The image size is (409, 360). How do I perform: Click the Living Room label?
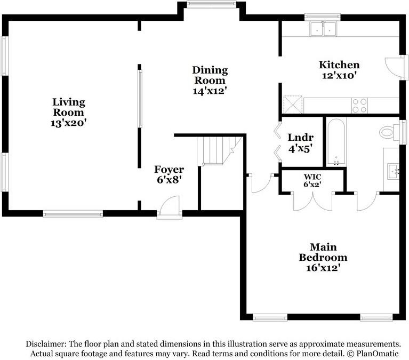[x=69, y=107]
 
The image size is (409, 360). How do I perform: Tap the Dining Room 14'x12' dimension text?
[x=210, y=91]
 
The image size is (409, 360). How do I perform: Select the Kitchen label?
[x=339, y=65]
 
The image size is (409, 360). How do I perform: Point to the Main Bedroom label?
[x=323, y=252]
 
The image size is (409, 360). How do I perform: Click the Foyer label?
[x=169, y=170]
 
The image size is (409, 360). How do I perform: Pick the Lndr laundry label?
[x=301, y=137]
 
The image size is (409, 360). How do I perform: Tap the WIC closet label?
[x=312, y=177]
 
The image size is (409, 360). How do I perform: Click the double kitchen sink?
[x=323, y=29]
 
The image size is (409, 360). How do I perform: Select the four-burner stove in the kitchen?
[x=359, y=106]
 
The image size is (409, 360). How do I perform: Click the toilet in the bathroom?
[x=389, y=132]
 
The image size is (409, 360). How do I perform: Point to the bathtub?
[x=336, y=142]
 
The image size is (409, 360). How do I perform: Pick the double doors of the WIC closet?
[x=312, y=201]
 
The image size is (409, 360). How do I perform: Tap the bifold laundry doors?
[x=277, y=141]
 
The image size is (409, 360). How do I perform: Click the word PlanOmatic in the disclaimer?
[x=378, y=354]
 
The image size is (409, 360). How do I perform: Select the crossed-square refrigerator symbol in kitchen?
[x=292, y=105]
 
